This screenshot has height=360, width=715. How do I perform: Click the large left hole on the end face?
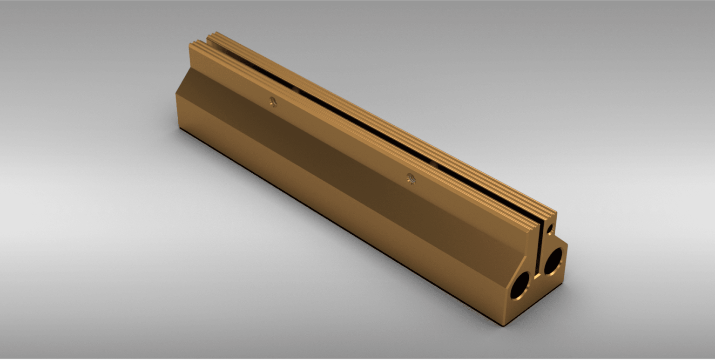coord(519,285)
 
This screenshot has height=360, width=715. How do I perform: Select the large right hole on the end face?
coord(553,261)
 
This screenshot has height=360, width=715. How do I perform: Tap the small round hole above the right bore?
coord(551,229)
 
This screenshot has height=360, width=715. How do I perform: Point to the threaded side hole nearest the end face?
coord(411,178)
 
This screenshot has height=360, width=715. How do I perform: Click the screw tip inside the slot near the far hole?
coord(295,88)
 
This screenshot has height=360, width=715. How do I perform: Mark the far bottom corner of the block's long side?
coord(179,127)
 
